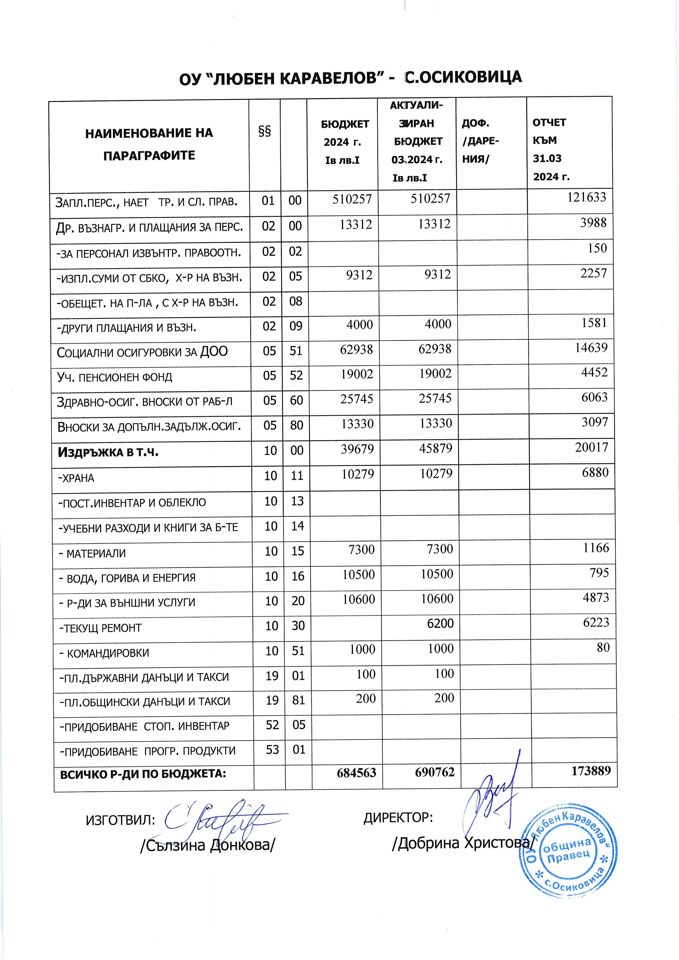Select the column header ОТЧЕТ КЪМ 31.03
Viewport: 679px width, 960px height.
click(x=550, y=149)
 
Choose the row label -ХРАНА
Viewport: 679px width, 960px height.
click(x=76, y=478)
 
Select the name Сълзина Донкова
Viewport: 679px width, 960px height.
click(x=208, y=845)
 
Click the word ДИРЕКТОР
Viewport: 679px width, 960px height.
click(x=398, y=817)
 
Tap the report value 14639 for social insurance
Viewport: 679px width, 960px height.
click(x=591, y=348)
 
